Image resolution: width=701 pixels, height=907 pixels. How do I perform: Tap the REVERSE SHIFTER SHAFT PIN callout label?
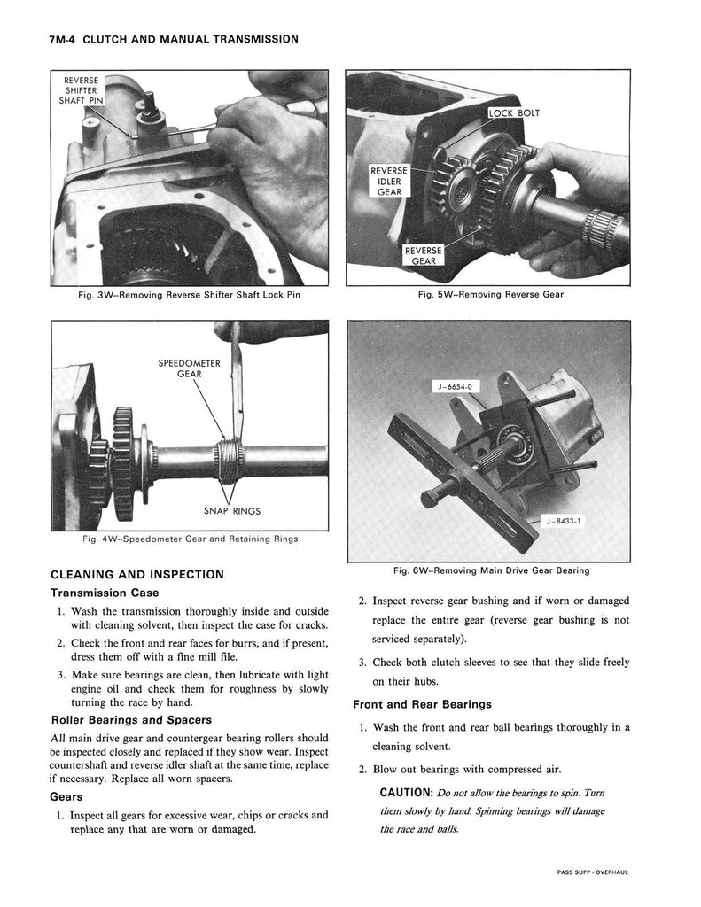82,91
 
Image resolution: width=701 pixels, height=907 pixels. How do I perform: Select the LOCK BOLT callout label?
514,113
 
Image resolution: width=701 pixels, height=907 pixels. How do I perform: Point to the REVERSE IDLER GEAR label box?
389,181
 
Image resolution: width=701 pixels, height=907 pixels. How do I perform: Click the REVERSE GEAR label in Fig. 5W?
423,256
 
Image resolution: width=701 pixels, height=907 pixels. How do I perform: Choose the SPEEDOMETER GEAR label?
189,368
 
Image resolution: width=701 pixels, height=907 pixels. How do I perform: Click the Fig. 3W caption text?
190,296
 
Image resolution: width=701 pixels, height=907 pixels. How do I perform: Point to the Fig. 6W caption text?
491,570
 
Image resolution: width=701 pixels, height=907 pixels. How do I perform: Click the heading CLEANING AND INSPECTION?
137,574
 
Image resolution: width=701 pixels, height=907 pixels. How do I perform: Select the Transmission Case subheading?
105,593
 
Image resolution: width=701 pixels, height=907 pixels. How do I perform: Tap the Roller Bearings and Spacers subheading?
131,719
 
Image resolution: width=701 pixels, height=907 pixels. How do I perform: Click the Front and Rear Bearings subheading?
422,705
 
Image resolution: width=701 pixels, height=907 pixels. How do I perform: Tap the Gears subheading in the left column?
67,796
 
